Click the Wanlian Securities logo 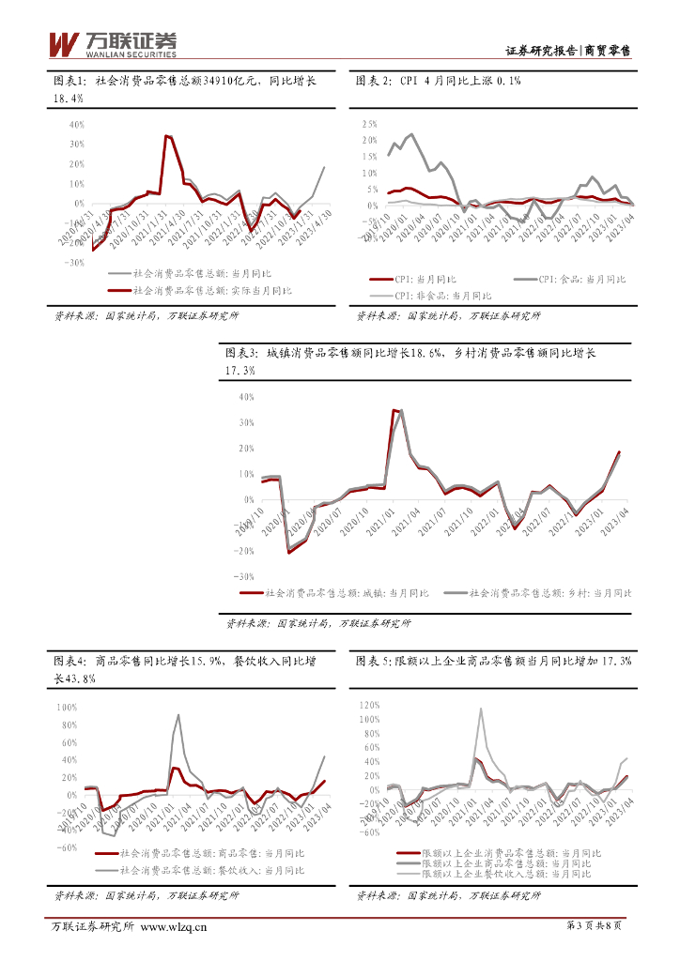tap(112, 42)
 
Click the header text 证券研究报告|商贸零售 tap(567, 51)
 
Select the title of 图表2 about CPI tap(438, 82)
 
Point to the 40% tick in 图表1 tap(76, 124)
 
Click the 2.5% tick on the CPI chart tap(368, 124)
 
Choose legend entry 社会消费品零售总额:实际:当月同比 tap(199, 291)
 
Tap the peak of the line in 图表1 tap(166, 136)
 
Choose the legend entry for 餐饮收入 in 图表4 tap(199, 870)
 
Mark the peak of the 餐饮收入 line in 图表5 tap(482, 709)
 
